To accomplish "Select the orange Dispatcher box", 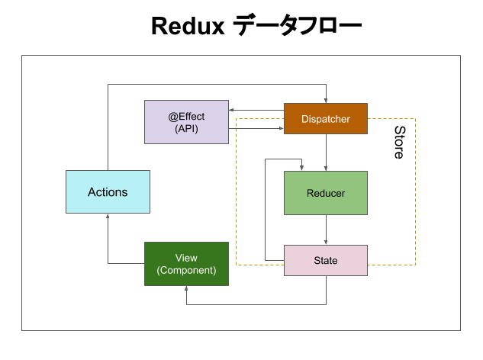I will point(326,119).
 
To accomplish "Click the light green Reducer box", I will point(326,193).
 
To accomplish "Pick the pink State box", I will point(326,261).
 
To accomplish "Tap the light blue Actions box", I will point(108,191).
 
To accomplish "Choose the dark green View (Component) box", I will point(186,264).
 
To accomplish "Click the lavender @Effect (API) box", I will point(186,122).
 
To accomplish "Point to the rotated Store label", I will point(398,142).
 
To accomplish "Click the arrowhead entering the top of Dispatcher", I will point(327,100).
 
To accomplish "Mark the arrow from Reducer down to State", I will point(327,230).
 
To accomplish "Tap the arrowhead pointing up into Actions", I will point(108,217).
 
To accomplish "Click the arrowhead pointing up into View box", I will point(186,289).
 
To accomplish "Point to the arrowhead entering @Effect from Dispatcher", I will point(232,112).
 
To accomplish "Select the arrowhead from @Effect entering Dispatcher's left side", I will point(280,129).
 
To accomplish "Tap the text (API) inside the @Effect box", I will point(186,129).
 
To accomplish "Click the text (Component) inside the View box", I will point(186,270).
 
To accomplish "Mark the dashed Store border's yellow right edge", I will point(415,191).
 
